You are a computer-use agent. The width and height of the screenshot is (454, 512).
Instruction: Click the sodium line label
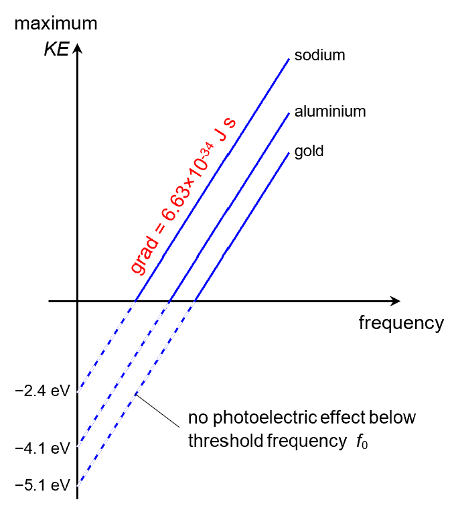(319, 56)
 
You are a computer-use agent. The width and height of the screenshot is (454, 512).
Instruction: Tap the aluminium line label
(330, 111)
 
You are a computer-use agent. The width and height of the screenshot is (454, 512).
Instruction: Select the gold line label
(309, 151)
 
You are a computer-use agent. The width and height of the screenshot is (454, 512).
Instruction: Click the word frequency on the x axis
(400, 323)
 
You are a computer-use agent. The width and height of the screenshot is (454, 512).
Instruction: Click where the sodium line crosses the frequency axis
(136, 302)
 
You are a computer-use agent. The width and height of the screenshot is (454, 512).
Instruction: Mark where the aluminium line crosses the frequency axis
(169, 302)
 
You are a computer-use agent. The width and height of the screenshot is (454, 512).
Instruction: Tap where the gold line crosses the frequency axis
(195, 302)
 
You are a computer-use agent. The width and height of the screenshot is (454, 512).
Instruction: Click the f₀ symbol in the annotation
(362, 442)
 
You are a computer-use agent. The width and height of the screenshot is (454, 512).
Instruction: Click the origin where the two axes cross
(78, 302)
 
